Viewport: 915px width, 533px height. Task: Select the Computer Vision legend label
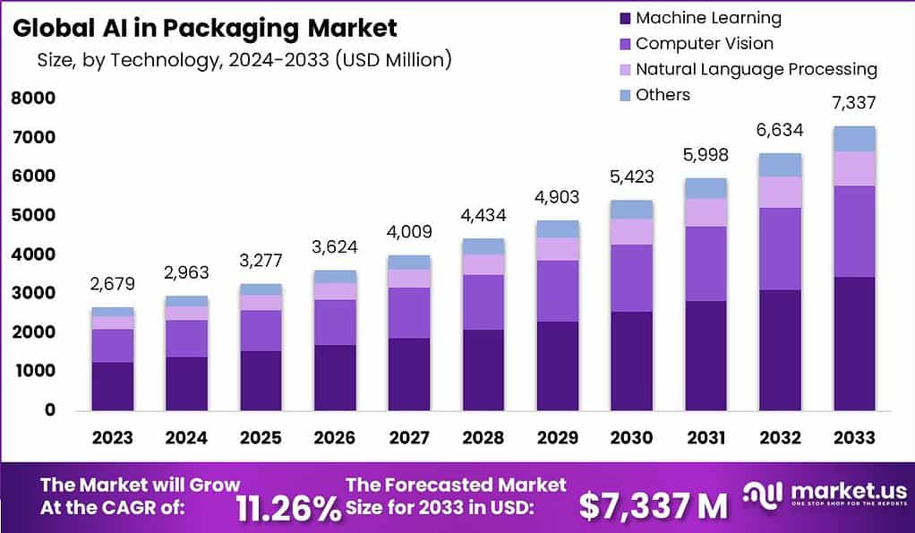[704, 43]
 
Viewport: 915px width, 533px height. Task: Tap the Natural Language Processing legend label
[756, 69]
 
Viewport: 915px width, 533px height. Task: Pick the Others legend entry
[663, 95]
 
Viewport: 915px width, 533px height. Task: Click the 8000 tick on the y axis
[33, 99]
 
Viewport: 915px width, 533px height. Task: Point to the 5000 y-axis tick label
[33, 216]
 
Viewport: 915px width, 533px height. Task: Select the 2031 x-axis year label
[705, 437]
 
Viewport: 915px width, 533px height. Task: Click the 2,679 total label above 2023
[113, 286]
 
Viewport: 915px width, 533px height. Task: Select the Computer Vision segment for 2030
[631, 278]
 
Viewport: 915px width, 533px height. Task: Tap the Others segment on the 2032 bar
[779, 165]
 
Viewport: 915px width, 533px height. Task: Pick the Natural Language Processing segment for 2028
[483, 264]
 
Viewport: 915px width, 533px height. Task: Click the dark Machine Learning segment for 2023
[113, 386]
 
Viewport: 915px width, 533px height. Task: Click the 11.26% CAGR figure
[288, 507]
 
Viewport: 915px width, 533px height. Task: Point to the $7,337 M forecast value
[653, 507]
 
